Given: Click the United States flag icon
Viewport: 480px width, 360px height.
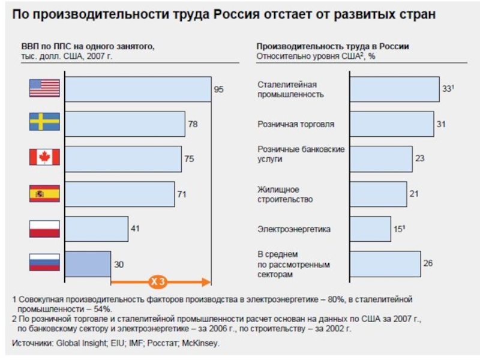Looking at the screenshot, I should [x=44, y=89].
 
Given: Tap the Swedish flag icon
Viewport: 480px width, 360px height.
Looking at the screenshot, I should [x=44, y=123].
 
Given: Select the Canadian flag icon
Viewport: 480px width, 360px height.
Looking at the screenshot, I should [x=44, y=158].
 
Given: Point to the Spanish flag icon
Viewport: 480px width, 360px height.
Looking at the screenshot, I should [x=44, y=193].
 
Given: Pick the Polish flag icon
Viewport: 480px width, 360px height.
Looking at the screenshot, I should [x=44, y=229].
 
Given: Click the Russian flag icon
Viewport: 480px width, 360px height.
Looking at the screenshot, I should [x=44, y=263].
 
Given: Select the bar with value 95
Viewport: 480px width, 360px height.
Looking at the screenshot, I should [x=137, y=89].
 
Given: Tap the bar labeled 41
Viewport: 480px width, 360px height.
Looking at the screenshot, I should [x=96, y=229].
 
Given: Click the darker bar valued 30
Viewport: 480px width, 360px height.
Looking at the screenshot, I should [x=88, y=263].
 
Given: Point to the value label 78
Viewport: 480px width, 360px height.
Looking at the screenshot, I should [x=193, y=124].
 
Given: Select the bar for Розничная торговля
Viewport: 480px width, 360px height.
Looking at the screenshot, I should [x=391, y=124].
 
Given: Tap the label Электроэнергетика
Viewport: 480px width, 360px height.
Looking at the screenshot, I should [x=294, y=229].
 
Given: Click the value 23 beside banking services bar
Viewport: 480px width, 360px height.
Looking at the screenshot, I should [x=419, y=158].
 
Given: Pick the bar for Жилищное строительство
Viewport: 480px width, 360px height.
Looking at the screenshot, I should [x=378, y=194].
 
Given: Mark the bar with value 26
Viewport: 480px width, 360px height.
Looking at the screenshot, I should [x=385, y=263].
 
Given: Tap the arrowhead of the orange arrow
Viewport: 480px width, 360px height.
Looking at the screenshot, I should [x=207, y=281].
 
